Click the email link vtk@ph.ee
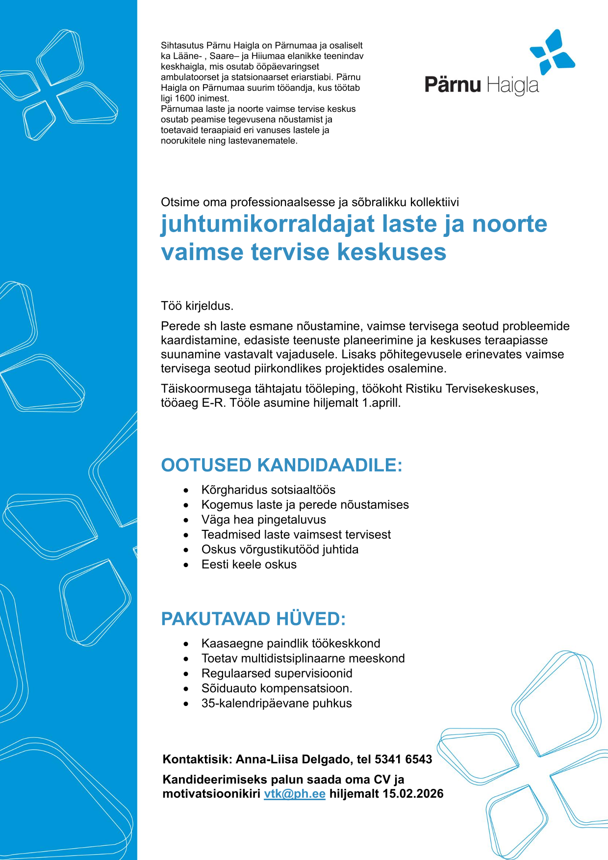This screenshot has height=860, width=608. point(294,794)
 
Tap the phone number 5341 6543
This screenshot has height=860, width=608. point(403,759)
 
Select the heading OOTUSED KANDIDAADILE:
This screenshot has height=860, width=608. point(281,465)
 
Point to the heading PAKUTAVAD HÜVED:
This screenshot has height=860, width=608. point(253,619)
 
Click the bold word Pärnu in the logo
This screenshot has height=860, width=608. point(453,85)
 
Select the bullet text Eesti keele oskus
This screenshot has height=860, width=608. point(249,564)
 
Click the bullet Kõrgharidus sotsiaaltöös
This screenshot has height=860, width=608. point(268,490)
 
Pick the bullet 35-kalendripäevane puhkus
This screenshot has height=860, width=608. point(277,703)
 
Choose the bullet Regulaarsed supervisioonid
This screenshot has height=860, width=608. point(277,673)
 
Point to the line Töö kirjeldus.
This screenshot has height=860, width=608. point(197,306)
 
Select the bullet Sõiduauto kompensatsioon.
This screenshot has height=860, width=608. point(277,688)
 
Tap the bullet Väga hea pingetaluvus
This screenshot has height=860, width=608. point(263,520)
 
